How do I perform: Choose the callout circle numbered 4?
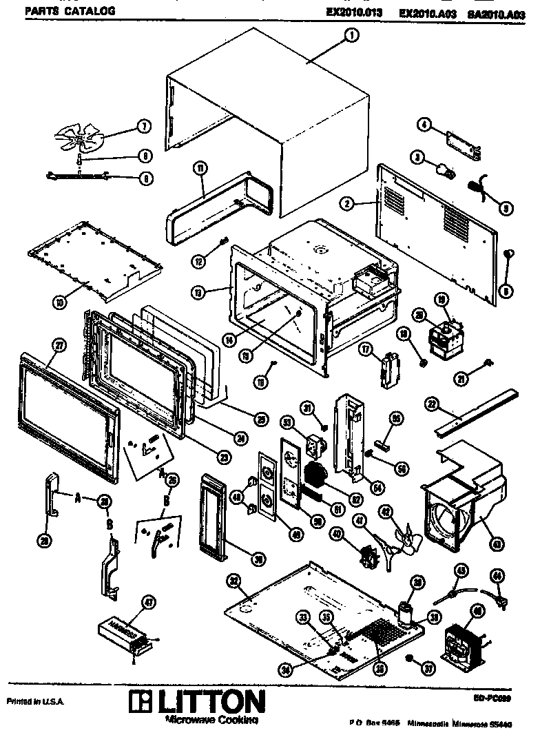(424, 125)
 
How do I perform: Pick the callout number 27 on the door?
(59, 346)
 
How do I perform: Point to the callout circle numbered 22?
(432, 402)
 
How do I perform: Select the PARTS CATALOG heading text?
(61, 11)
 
